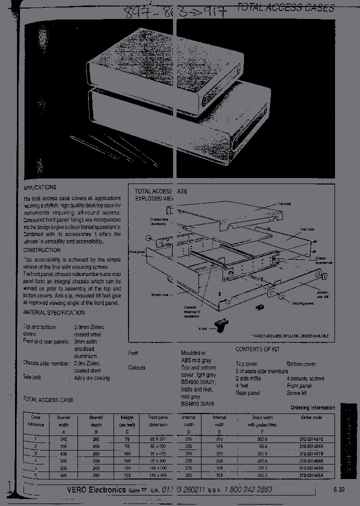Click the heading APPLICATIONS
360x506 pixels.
40,187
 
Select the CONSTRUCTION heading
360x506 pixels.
41,250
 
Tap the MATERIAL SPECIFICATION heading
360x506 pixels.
54,312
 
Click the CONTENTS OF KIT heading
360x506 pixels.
257,349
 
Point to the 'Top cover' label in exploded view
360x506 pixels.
284,204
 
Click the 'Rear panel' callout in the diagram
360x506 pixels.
307,229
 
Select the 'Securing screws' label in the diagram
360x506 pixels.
302,303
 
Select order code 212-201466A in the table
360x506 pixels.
310,475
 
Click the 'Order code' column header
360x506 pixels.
310,417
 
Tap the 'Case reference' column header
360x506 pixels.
36,421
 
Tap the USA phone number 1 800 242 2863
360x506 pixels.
247,490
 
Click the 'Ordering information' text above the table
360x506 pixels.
312,407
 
